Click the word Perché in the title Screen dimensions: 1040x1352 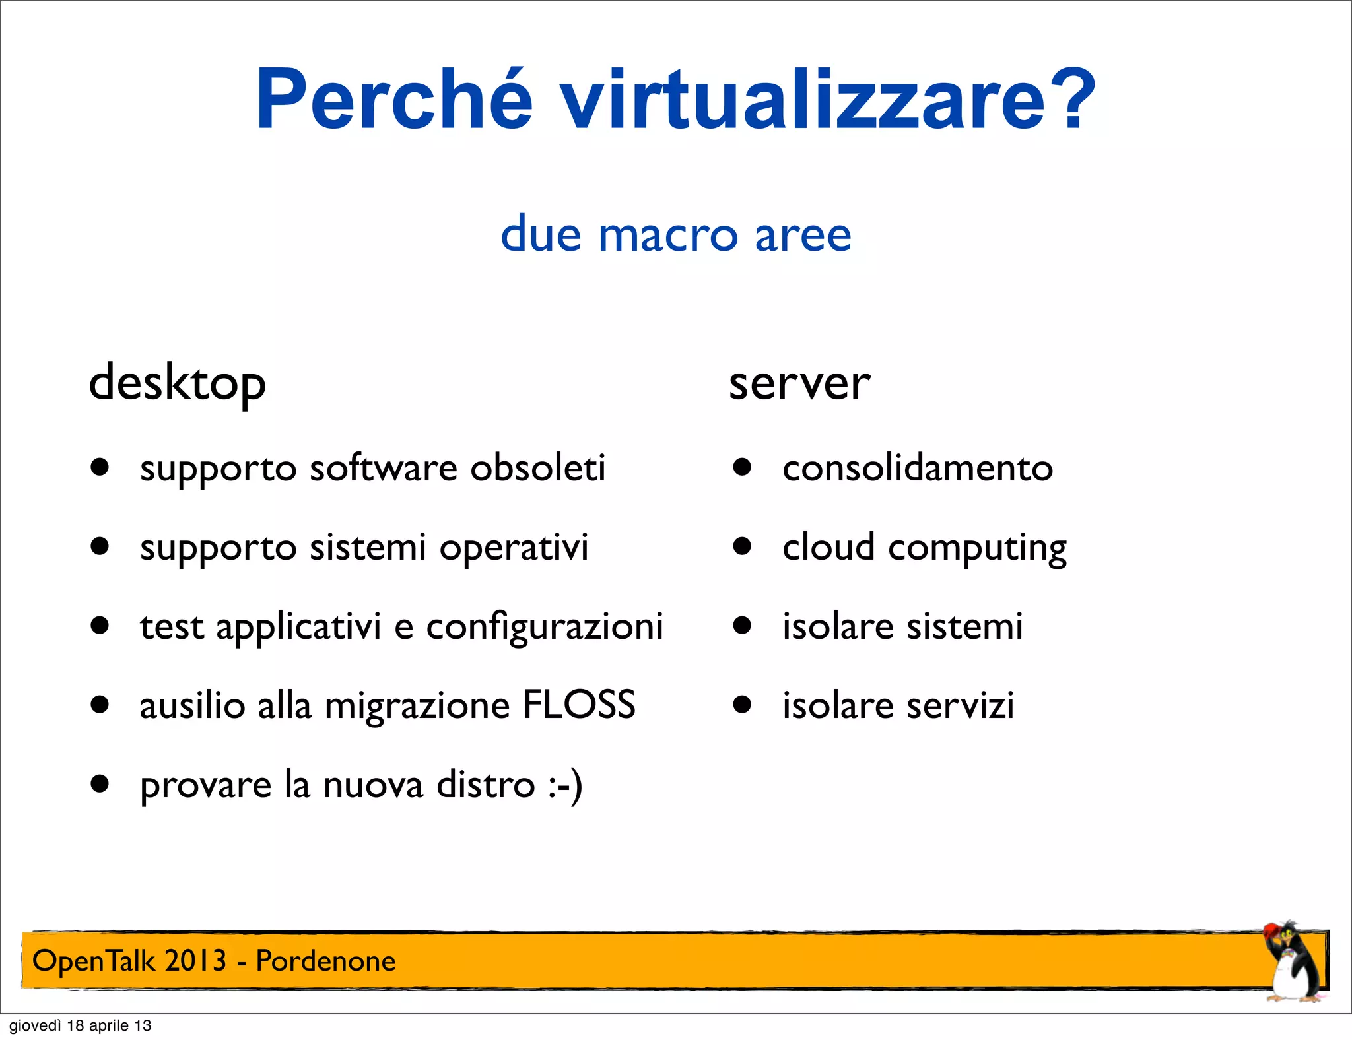(393, 100)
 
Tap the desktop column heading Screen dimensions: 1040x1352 (177, 383)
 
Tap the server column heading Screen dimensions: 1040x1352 (799, 383)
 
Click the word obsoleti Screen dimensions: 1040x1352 (537, 469)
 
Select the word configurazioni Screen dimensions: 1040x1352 (545, 627)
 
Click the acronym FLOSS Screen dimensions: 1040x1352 (578, 705)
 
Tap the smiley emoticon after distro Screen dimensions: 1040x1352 (565, 785)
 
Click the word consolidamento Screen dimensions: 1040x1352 (918, 469)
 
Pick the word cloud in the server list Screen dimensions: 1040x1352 (828, 548)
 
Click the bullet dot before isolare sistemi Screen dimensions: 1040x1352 (742, 626)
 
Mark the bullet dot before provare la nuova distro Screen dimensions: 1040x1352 (100, 784)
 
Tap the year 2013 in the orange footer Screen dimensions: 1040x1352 (195, 961)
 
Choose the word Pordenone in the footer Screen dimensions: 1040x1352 (325, 961)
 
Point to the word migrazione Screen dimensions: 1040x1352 (417, 706)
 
